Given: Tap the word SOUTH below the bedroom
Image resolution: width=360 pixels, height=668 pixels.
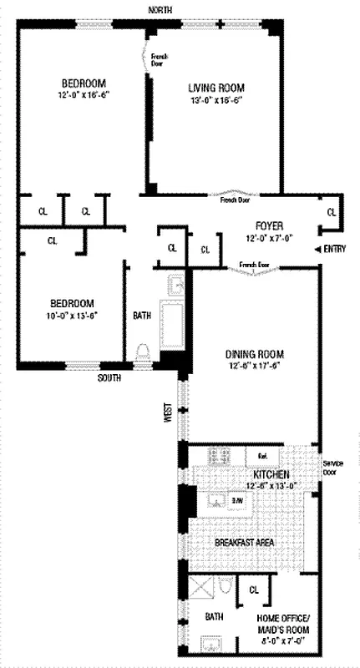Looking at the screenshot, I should [x=109, y=377].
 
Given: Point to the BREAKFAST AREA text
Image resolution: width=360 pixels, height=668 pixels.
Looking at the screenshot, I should [x=245, y=543].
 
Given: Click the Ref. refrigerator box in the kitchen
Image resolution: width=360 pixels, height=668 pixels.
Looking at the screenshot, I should [x=261, y=456].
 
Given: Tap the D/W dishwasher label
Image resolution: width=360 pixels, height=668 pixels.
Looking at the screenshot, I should [x=238, y=500].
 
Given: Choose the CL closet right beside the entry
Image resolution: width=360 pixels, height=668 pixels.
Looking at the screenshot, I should [x=331, y=213].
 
